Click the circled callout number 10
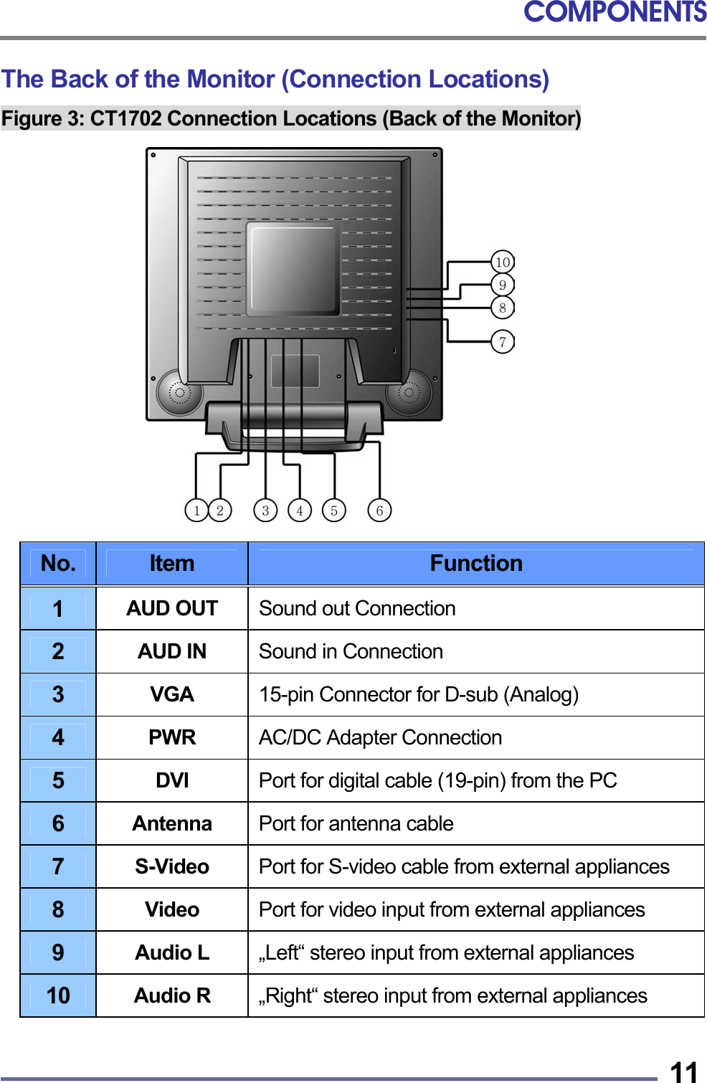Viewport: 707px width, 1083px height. (x=503, y=263)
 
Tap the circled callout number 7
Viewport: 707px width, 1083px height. (x=503, y=342)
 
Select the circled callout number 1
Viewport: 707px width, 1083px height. (x=196, y=511)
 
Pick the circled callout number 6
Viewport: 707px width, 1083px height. (x=379, y=511)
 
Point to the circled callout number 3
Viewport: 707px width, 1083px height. (x=265, y=511)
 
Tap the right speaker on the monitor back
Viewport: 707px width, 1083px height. (x=409, y=392)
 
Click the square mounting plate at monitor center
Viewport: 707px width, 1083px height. (x=293, y=269)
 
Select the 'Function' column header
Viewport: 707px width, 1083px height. (x=476, y=564)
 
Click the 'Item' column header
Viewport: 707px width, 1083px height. (x=172, y=564)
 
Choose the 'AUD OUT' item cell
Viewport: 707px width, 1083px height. (x=172, y=608)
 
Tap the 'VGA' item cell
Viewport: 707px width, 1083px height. (x=172, y=694)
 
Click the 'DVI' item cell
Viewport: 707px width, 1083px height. (x=172, y=780)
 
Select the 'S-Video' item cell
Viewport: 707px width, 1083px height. (x=172, y=866)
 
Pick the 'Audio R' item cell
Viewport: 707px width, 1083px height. (x=172, y=995)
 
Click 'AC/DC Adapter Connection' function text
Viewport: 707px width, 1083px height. (x=380, y=737)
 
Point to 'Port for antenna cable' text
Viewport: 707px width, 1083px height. (x=356, y=823)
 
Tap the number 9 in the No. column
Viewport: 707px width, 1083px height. (x=58, y=952)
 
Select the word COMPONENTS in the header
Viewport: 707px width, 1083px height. (x=615, y=12)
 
